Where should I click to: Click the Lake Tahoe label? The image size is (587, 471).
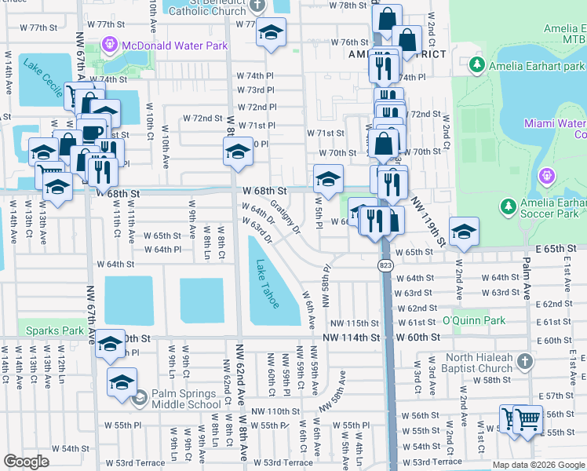(x=267, y=284)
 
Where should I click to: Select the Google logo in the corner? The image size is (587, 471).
(x=26, y=462)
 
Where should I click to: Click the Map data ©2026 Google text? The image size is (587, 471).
(x=538, y=465)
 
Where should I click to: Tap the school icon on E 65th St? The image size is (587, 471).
(x=464, y=232)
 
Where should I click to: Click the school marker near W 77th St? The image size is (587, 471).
(x=271, y=33)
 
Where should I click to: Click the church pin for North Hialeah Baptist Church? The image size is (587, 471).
(x=525, y=362)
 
